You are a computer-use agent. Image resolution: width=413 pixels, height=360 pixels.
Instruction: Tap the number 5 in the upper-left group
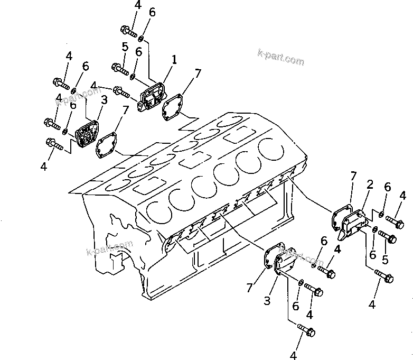[125, 47]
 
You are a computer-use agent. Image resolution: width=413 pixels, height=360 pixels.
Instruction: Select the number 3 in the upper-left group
[104, 99]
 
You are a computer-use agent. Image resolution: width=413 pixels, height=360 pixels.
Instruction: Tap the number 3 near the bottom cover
[267, 301]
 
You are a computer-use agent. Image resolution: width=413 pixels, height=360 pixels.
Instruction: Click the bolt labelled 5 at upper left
[120, 68]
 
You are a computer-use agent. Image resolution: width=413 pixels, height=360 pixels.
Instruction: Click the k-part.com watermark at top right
[280, 57]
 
